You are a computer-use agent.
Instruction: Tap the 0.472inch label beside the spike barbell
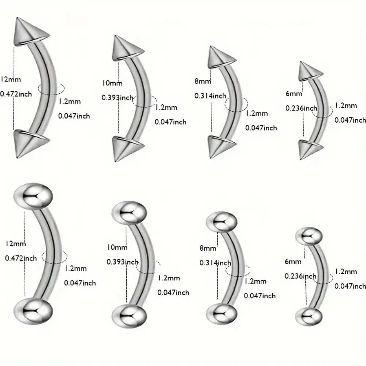tap(16, 94)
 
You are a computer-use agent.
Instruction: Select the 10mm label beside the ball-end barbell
tap(117, 247)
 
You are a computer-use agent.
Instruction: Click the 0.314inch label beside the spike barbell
tap(210, 96)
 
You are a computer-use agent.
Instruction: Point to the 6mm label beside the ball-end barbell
tap(293, 261)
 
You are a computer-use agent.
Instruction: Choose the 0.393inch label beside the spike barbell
tap(118, 98)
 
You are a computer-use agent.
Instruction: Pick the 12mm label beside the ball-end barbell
tap(16, 243)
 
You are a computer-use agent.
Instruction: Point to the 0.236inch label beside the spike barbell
tap(301, 108)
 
